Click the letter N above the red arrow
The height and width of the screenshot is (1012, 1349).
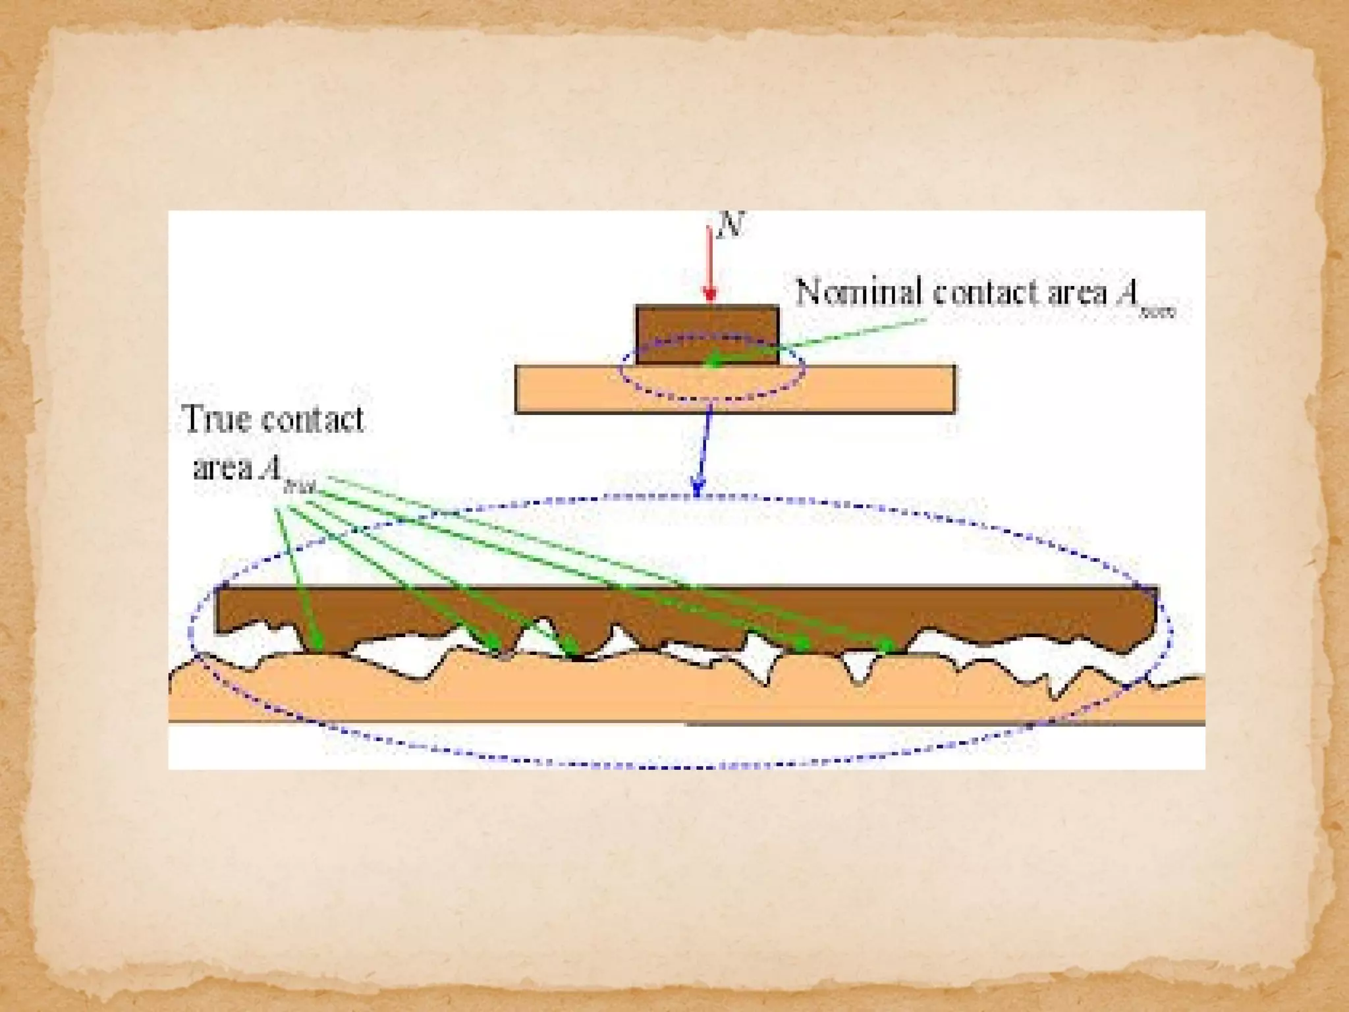730,225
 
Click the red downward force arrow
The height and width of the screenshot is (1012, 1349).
709,264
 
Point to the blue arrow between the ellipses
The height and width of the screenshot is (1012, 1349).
703,448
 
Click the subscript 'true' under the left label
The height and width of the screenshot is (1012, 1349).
299,487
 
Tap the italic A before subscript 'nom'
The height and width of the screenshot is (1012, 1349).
1128,293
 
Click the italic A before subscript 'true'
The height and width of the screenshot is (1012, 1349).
271,467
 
